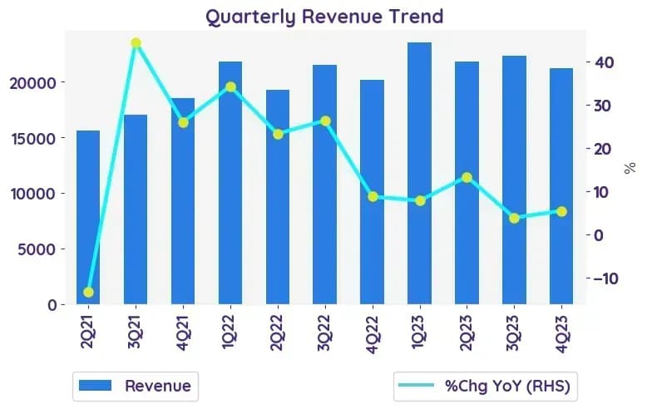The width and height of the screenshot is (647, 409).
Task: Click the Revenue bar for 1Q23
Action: [x=420, y=173]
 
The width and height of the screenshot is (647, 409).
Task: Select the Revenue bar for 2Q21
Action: [x=88, y=217]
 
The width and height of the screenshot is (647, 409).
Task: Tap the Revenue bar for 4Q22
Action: [x=373, y=192]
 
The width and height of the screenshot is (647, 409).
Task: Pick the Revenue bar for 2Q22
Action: [x=278, y=197]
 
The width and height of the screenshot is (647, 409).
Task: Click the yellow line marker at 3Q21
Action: [x=136, y=43]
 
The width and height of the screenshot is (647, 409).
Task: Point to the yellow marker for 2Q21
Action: [x=88, y=293]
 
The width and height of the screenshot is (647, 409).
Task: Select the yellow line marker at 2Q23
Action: [x=467, y=178]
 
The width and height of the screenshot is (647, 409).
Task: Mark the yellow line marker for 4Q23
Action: [x=561, y=211]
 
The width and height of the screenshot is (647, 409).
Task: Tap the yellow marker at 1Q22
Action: [x=230, y=87]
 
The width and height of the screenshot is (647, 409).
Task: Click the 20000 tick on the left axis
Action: [x=32, y=83]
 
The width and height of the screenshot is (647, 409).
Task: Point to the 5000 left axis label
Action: [x=37, y=249]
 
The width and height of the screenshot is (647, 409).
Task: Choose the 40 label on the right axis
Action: [x=605, y=62]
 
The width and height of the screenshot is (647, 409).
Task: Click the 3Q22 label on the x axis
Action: [x=324, y=333]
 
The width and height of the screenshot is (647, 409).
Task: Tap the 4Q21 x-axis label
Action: [x=182, y=333]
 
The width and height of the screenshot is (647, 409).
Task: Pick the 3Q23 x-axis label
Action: [x=514, y=333]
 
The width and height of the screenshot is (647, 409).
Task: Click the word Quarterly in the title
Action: [x=250, y=17]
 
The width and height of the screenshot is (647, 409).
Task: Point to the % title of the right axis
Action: [x=630, y=168]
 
